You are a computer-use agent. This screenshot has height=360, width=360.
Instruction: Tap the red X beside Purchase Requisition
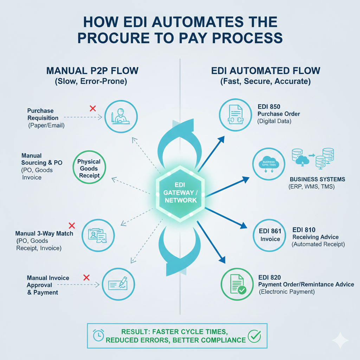(93, 108)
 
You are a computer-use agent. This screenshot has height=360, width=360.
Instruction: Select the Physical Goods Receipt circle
(89, 168)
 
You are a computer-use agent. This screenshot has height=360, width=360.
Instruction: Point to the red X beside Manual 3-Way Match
(72, 225)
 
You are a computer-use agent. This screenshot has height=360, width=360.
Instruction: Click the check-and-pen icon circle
(118, 284)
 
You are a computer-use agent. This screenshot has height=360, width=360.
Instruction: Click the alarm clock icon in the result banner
(98, 335)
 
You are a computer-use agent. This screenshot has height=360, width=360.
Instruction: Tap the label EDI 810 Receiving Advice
(315, 233)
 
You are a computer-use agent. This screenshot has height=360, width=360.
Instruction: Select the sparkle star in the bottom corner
(340, 340)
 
